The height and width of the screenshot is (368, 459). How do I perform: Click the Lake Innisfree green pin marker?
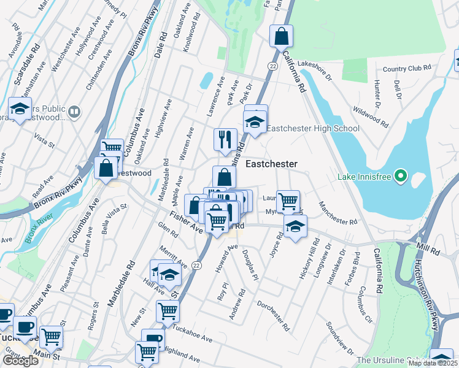401,177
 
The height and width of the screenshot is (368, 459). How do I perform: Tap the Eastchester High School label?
313,128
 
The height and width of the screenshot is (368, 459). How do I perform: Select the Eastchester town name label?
271,164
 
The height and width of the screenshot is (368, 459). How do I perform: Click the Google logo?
20,361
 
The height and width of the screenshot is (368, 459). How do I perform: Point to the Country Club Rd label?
403,69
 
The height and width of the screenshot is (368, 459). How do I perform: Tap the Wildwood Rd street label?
371,115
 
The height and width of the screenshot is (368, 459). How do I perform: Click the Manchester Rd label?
337,213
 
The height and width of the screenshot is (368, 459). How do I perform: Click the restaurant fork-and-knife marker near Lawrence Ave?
225,139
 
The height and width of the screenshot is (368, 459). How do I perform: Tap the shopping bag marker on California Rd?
281,36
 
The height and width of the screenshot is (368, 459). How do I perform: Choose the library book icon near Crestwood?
74,112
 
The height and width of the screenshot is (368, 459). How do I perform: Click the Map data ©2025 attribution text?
433,363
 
